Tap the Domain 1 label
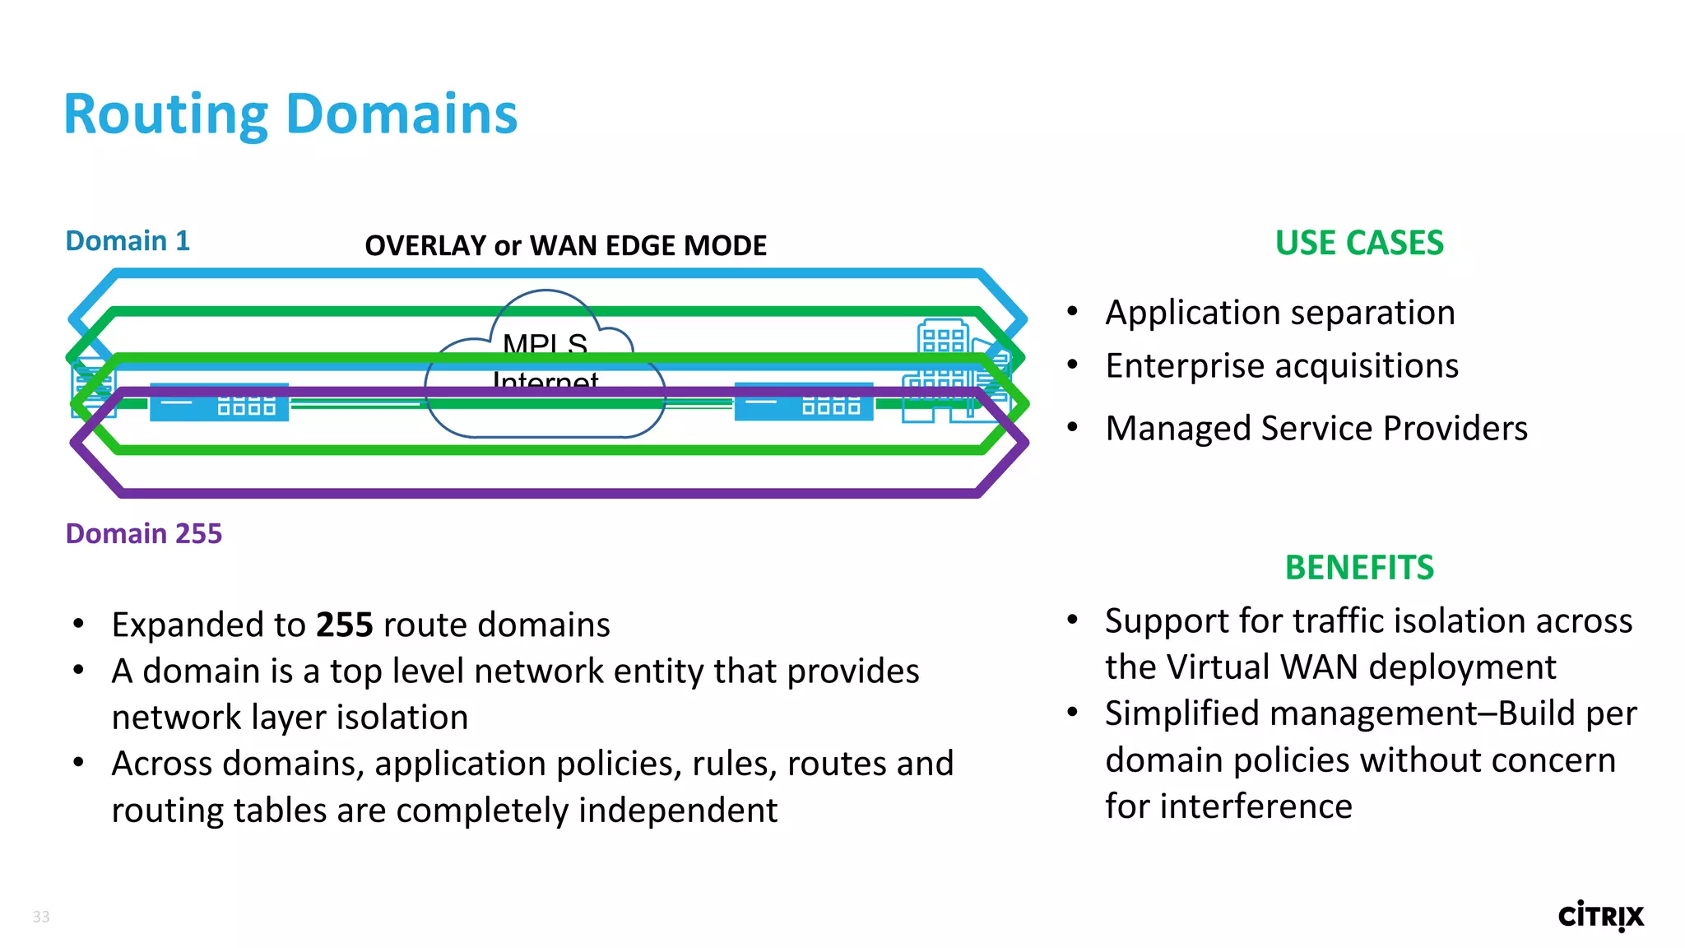click(128, 241)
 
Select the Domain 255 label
click(144, 534)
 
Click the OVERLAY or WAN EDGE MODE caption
click(565, 245)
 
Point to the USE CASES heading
click(1359, 243)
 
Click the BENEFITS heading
click(1359, 568)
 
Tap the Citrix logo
click(1600, 916)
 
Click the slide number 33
click(41, 917)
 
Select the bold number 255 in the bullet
click(345, 625)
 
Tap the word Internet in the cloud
click(545, 381)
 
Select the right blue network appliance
click(804, 403)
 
